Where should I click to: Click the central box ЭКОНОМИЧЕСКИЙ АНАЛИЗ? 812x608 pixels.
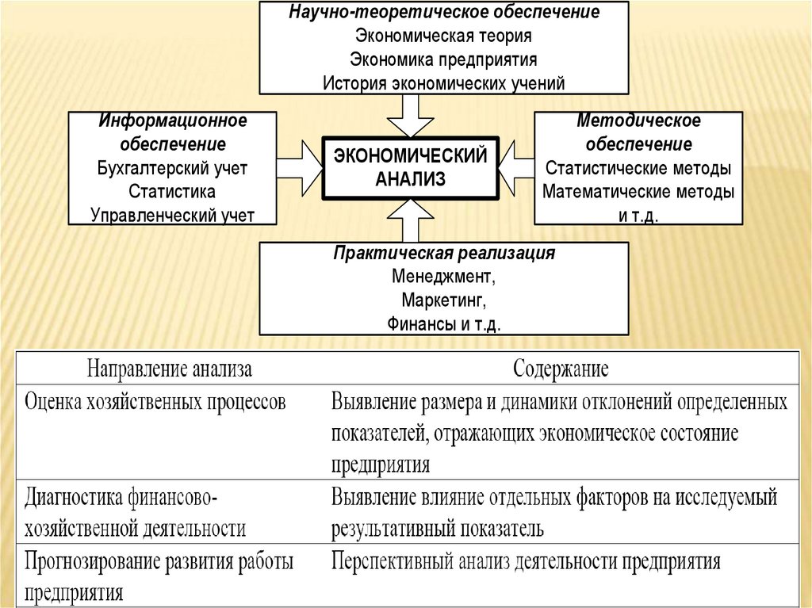[x=410, y=167]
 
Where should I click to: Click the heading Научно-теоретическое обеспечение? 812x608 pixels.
[x=444, y=13]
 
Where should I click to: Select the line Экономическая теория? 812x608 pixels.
[x=443, y=36]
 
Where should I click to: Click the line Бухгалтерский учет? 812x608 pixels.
[x=173, y=168]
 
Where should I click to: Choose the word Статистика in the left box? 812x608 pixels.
[x=172, y=192]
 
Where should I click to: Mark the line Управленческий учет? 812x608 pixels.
[x=173, y=215]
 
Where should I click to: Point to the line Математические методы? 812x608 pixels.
[x=638, y=192]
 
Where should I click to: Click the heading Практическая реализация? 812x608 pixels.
[x=444, y=254]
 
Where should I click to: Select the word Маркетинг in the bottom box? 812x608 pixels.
[x=442, y=301]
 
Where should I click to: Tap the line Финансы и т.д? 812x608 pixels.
[x=444, y=324]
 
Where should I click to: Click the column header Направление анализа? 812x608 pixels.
[x=170, y=369]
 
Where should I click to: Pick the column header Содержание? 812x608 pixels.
[x=561, y=369]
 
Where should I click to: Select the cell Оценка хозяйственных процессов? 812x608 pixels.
[x=155, y=401]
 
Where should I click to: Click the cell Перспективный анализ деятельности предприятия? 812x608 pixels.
[x=526, y=562]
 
